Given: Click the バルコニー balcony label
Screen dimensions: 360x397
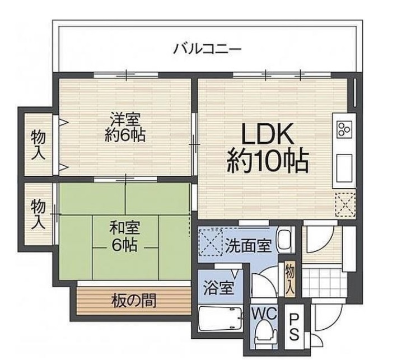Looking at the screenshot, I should [x=207, y=49].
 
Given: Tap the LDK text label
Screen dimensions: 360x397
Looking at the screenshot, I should [x=267, y=135].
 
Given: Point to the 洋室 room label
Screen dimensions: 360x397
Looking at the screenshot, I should [x=124, y=119].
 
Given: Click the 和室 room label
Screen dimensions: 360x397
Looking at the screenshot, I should [x=124, y=228].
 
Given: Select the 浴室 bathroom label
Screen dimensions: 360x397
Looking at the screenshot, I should [x=219, y=288].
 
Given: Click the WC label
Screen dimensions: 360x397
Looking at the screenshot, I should [x=264, y=314].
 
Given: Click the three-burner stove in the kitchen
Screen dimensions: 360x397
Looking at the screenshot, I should [x=343, y=130].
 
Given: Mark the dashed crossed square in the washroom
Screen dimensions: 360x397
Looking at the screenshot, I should [x=212, y=242].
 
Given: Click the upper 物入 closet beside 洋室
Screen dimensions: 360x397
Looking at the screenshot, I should [x=39, y=143].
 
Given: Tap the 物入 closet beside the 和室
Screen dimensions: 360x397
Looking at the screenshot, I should [x=39, y=213].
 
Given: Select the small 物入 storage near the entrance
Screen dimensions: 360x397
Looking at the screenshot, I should [x=289, y=278].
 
